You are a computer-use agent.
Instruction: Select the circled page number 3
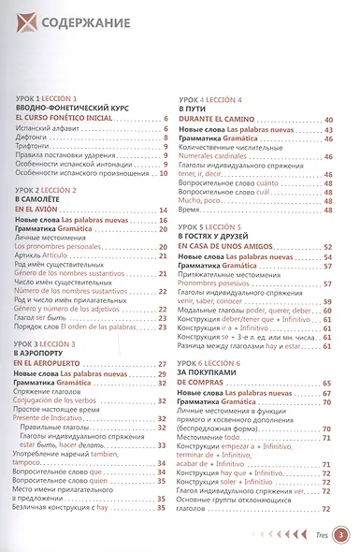coord(341,534)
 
